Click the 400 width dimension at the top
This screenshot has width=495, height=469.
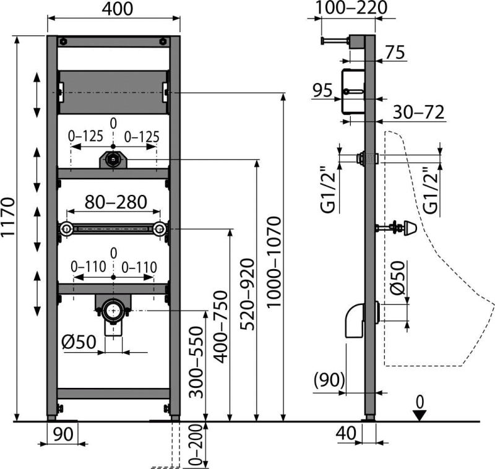118,9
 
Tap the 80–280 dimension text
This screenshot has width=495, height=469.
116,202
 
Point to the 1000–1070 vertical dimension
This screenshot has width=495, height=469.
273,262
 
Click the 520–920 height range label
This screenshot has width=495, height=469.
247,295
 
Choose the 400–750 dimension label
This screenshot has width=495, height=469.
220,327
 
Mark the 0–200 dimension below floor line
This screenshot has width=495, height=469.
196,445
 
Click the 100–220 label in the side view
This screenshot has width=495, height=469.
351,7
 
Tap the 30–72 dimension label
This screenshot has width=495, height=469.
419,111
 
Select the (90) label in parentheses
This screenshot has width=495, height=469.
329,380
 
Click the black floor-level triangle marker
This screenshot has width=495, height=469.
420,415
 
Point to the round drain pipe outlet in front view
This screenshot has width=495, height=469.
113,310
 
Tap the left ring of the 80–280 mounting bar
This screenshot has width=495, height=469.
66,229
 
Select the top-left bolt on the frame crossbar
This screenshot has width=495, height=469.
64,41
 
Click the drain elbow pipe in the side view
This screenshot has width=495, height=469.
355,321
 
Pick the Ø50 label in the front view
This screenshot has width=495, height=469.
79,342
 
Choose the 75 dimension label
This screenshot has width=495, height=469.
395,53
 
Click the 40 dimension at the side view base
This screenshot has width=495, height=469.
346,433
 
